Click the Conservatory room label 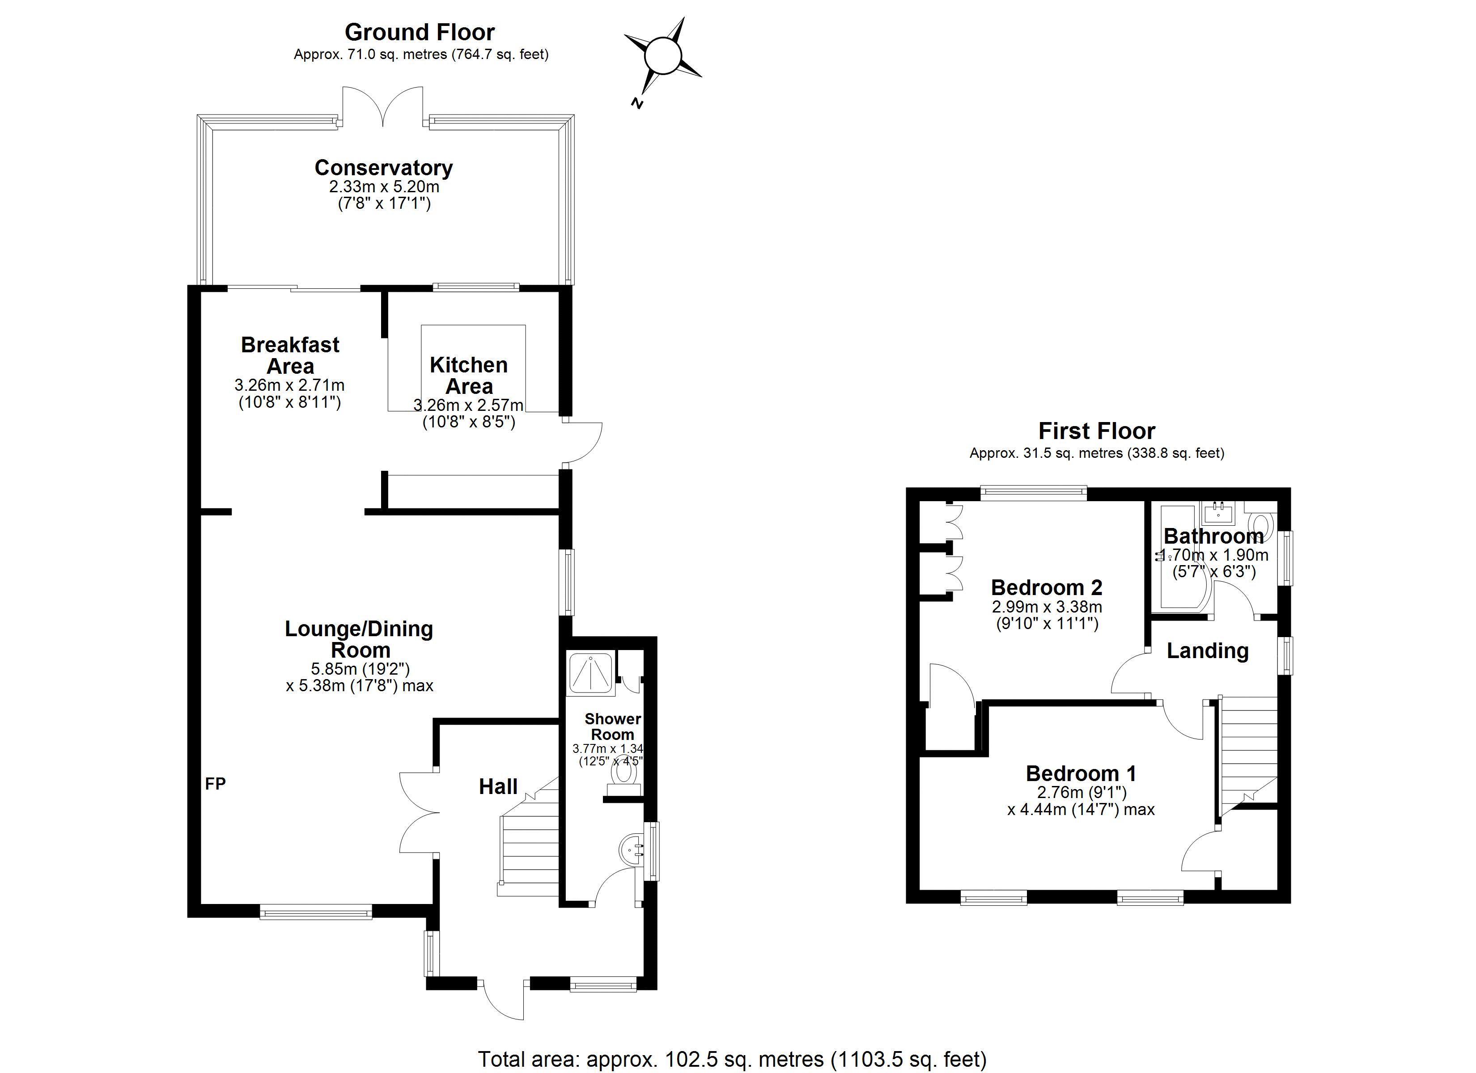(x=383, y=168)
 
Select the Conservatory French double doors (x=383, y=107)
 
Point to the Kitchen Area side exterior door (x=584, y=444)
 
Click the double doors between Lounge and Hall (x=419, y=812)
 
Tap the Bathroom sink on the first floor (x=1218, y=514)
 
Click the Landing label (x=1207, y=651)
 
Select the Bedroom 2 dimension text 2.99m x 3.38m (x=1047, y=607)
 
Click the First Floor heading (x=1097, y=431)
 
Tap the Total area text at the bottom (x=732, y=1059)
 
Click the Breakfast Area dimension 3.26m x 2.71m (x=289, y=385)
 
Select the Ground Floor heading (x=420, y=32)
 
